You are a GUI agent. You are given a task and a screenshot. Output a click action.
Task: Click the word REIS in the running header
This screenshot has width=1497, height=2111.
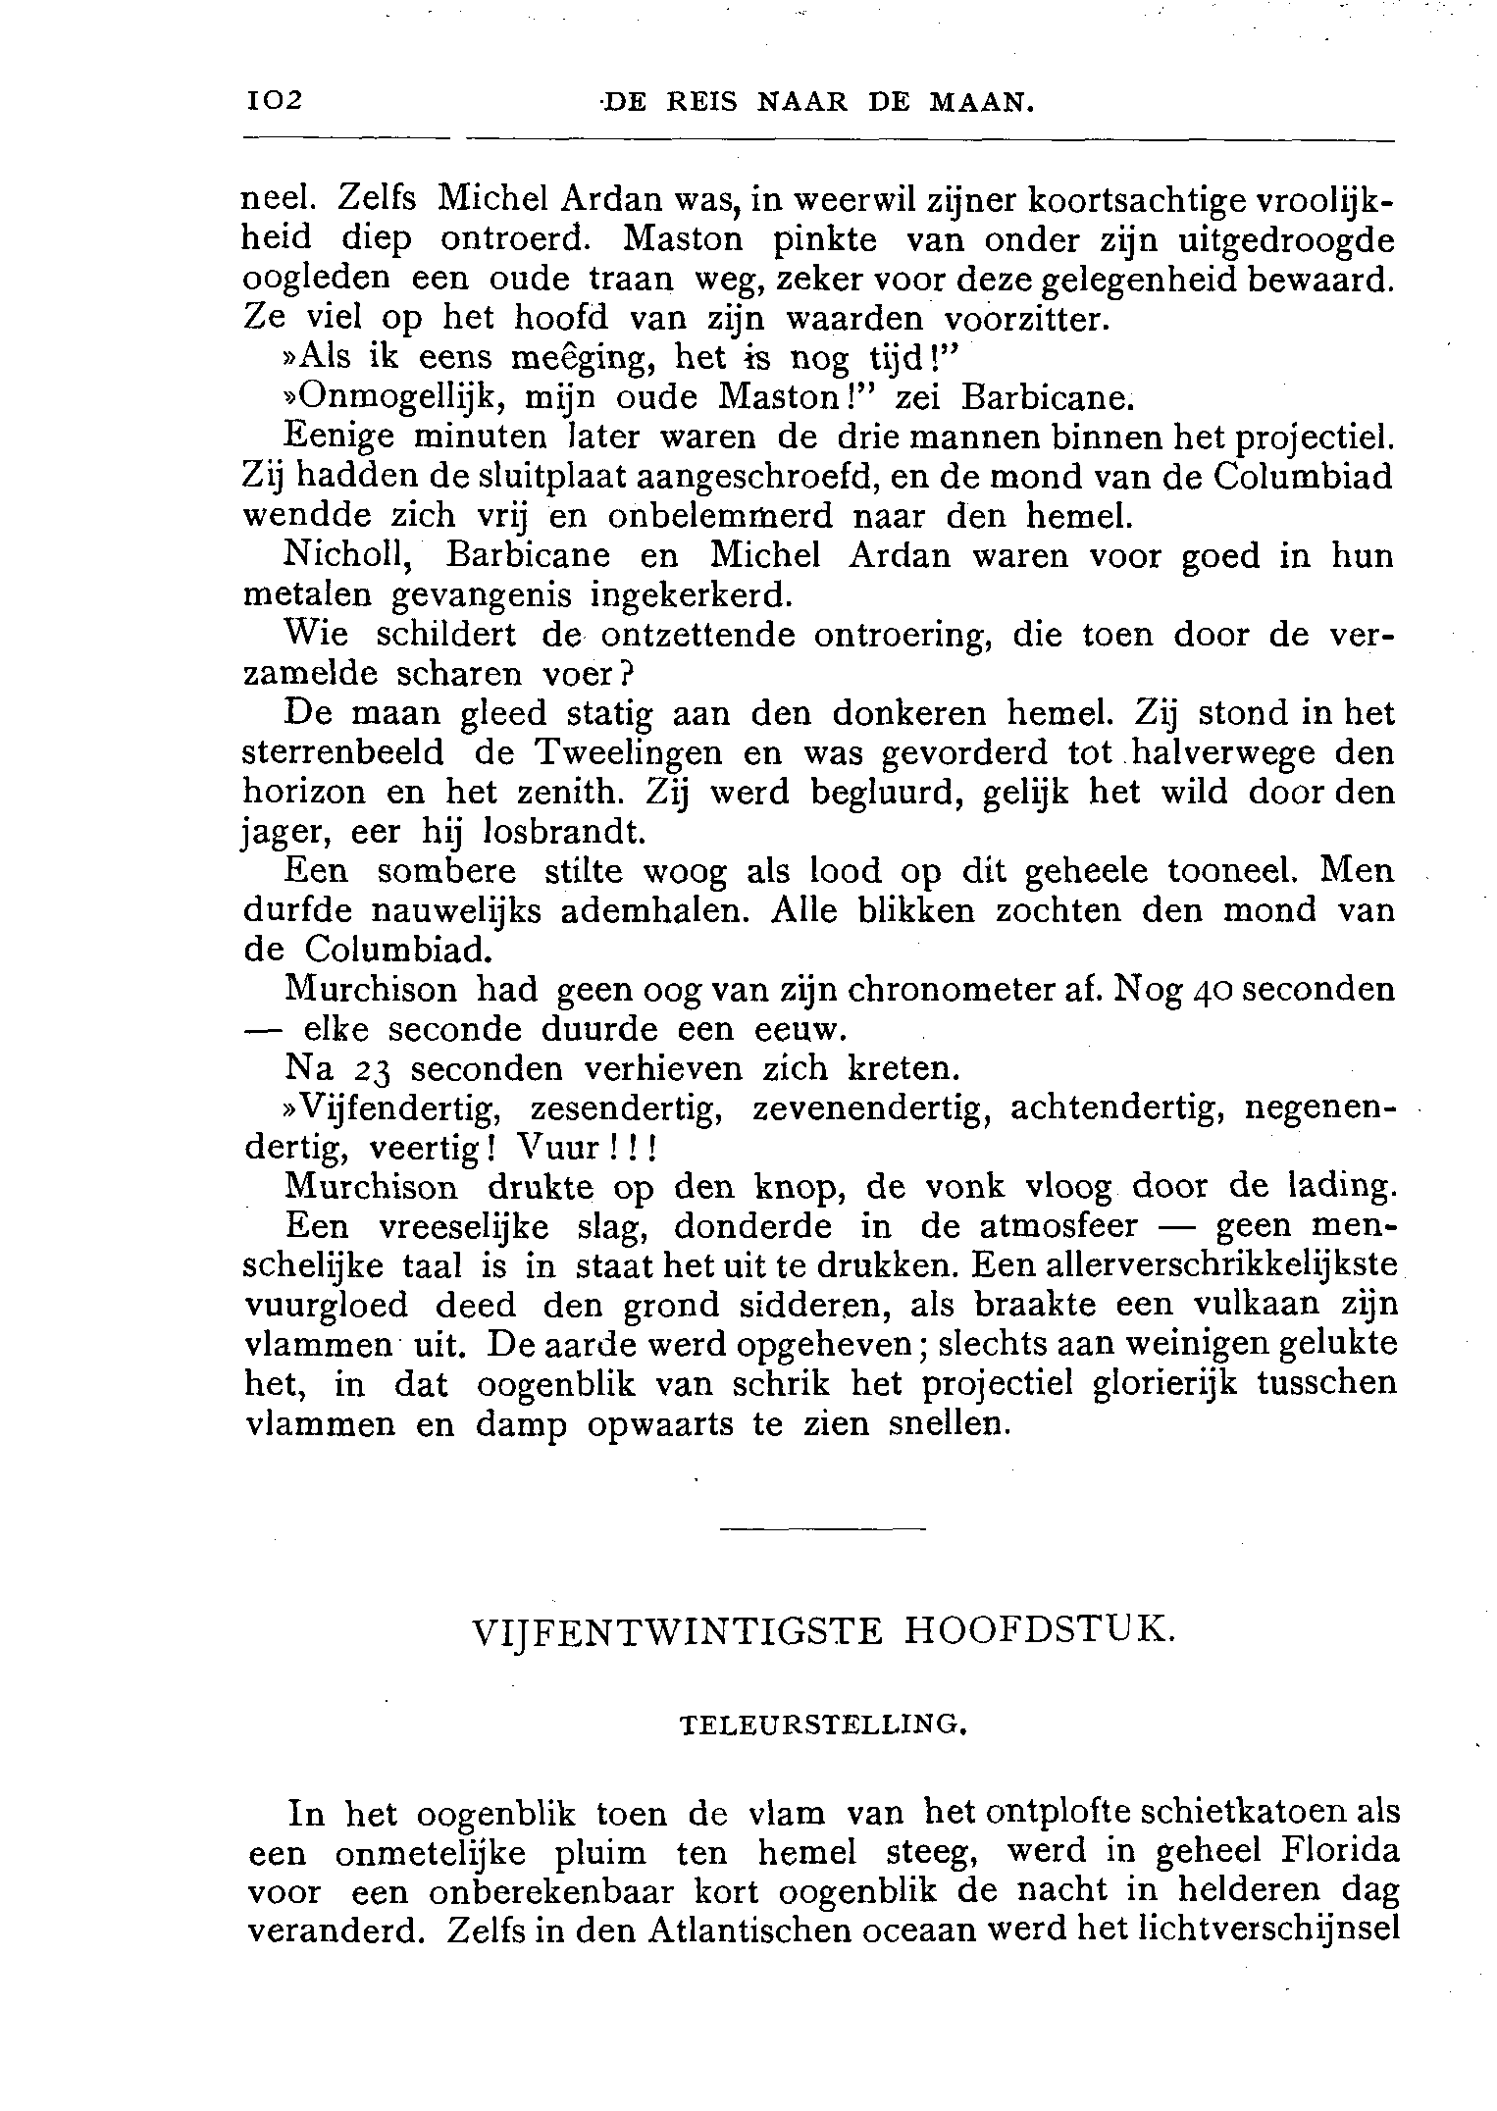tap(700, 102)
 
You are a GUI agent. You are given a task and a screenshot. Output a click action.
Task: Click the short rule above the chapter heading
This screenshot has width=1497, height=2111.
tap(822, 1528)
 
